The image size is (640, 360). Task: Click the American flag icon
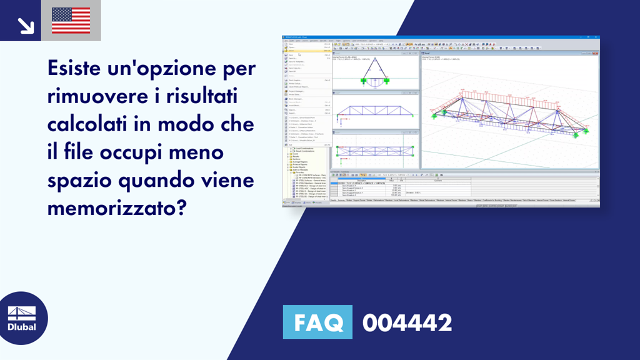click(x=71, y=21)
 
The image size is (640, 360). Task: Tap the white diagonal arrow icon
click(x=25, y=25)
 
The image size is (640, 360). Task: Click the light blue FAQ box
click(x=317, y=323)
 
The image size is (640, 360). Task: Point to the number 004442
click(x=407, y=323)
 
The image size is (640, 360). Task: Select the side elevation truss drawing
click(x=375, y=111)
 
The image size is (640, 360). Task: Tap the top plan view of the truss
click(x=375, y=151)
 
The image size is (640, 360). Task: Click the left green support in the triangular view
click(x=364, y=81)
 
